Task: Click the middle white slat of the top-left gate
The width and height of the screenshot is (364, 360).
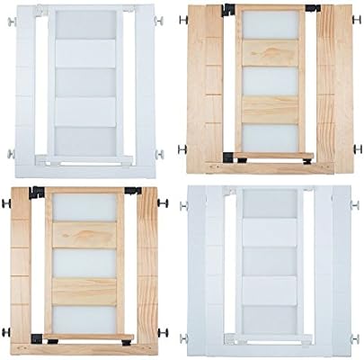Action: coord(86,82)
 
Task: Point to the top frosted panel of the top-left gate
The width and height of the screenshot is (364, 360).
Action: coord(86,24)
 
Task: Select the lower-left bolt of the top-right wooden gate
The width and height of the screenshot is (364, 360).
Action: coord(182,149)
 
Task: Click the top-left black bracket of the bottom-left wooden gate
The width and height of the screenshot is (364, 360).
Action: coord(37,192)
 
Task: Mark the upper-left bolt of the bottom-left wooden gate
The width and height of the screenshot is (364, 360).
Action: coord(5,204)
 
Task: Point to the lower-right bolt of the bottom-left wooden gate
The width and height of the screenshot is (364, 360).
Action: coord(163,331)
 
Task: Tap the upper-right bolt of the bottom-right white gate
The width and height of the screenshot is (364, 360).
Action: coord(356,205)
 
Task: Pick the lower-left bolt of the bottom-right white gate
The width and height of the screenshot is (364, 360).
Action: coord(184,338)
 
